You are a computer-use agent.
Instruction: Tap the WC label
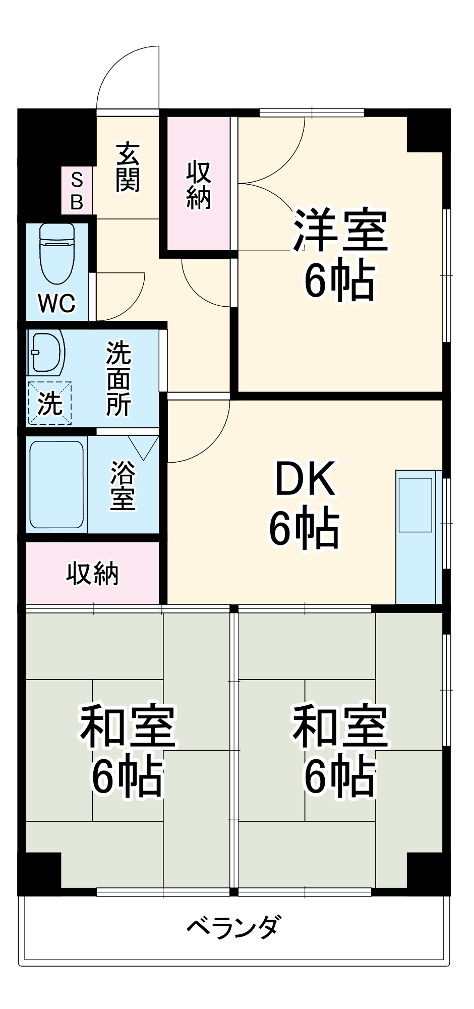[x=56, y=303]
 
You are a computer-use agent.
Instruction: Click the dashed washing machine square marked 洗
[x=50, y=403]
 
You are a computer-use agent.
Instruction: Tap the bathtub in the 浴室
[x=56, y=484]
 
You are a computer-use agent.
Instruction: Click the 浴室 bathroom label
[x=123, y=485]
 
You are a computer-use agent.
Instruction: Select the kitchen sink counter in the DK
[x=418, y=537]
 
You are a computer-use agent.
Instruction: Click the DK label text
[x=305, y=479]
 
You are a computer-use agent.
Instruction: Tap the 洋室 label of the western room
[x=340, y=231]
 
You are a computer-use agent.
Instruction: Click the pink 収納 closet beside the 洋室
[x=199, y=185]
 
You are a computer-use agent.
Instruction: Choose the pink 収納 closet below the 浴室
[x=93, y=573]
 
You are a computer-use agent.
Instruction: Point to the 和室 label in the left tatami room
[x=128, y=726]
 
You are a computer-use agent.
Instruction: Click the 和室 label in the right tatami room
[x=340, y=726]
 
